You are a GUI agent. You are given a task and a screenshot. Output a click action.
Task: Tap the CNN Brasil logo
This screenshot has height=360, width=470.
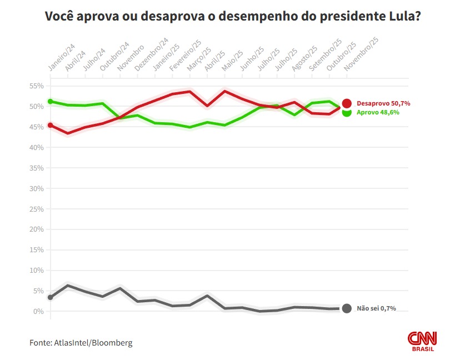(x=423, y=341)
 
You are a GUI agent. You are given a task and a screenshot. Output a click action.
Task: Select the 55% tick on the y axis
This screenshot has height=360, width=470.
(x=37, y=86)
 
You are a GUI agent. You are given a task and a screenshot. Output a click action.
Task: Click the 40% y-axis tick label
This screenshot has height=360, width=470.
(x=37, y=148)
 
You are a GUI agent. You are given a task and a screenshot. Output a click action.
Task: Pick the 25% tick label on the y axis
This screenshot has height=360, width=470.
(x=37, y=209)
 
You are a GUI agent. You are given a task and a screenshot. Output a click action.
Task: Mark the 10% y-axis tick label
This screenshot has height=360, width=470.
(x=37, y=271)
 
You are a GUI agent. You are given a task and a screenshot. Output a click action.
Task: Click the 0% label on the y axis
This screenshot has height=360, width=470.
(x=38, y=312)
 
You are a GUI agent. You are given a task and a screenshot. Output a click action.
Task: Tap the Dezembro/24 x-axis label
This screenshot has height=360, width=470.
(x=151, y=56)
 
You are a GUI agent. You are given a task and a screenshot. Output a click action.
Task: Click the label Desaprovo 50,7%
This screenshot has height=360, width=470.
(x=379, y=103)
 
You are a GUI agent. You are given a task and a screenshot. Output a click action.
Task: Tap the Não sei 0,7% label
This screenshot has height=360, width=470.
(x=376, y=308)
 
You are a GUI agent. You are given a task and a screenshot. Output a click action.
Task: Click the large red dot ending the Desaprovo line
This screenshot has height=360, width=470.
(x=347, y=103)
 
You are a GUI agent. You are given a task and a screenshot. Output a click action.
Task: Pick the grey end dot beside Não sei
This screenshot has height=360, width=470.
(x=347, y=308)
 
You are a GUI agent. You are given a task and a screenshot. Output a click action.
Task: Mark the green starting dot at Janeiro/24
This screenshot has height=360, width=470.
(x=50, y=102)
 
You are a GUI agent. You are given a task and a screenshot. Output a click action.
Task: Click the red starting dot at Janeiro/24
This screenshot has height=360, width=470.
(x=50, y=125)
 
